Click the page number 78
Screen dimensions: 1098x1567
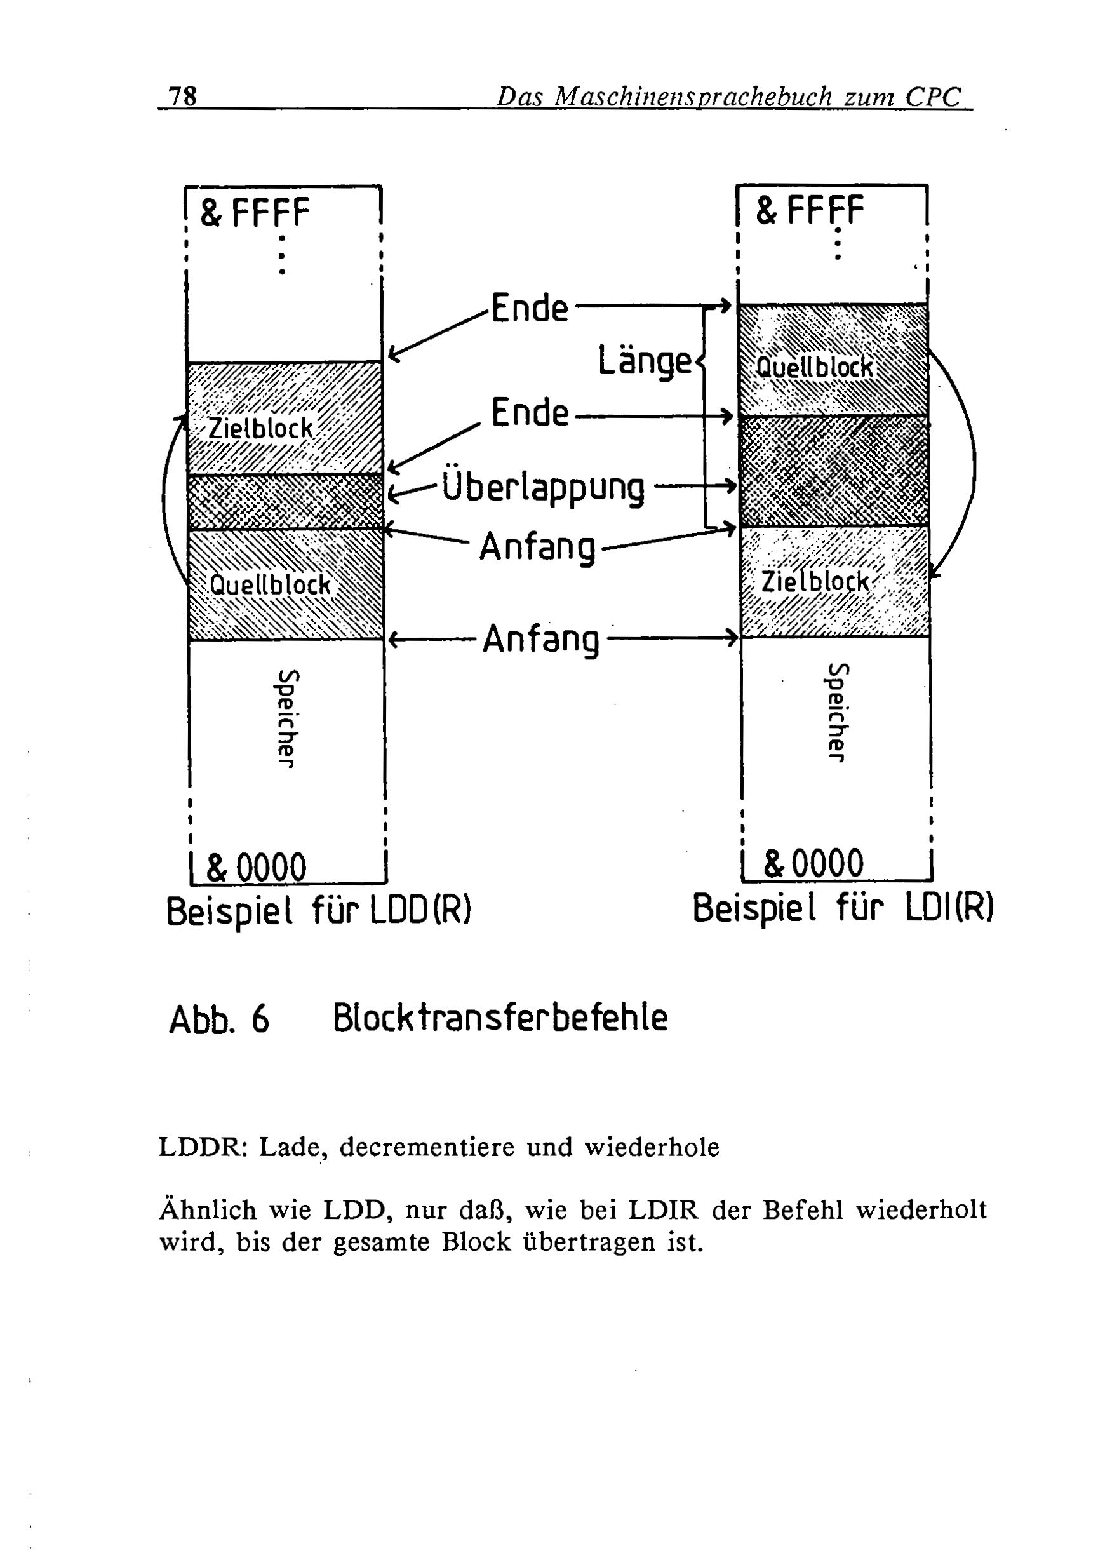click(x=183, y=97)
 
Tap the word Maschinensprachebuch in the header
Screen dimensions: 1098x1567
click(x=693, y=97)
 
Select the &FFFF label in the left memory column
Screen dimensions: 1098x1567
click(x=255, y=212)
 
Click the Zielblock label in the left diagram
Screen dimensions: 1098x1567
click(x=260, y=428)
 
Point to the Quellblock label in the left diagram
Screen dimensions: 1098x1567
click(x=271, y=584)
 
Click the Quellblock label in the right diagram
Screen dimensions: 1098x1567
click(x=815, y=367)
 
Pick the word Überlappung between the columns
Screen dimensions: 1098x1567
click(x=543, y=487)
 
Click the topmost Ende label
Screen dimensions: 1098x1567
click(x=530, y=308)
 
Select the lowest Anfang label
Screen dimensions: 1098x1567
click(x=540, y=640)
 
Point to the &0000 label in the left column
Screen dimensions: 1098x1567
click(x=256, y=867)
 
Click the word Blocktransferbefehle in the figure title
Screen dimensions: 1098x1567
click(x=500, y=1018)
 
